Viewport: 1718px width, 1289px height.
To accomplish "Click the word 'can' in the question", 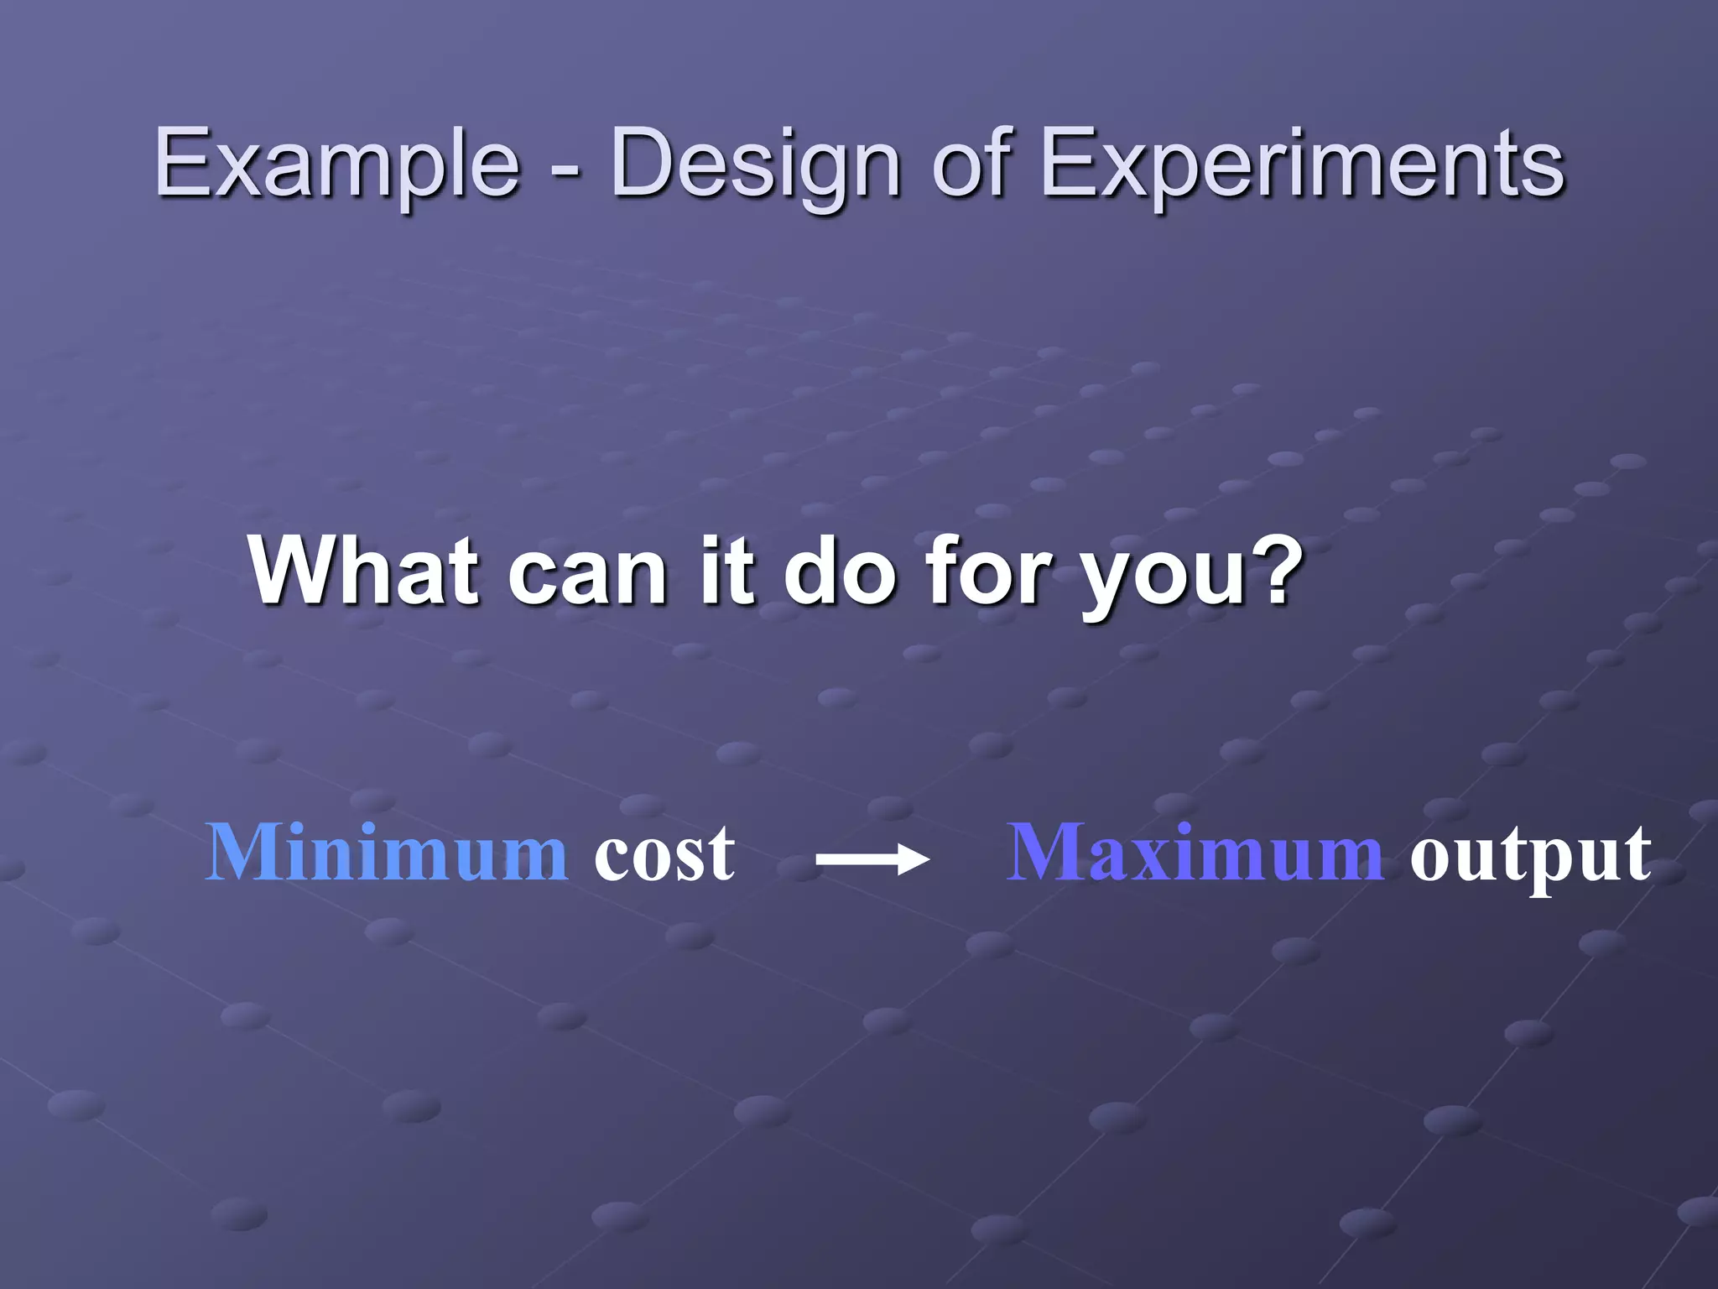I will point(588,575).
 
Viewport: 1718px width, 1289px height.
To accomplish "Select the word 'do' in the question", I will point(839,571).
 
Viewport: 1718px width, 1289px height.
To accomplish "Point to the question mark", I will point(1276,567).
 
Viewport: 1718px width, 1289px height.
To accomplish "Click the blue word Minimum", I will point(387,853).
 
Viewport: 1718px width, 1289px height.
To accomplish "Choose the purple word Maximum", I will point(1195,853).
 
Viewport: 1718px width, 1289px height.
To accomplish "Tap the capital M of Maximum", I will point(1045,851).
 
